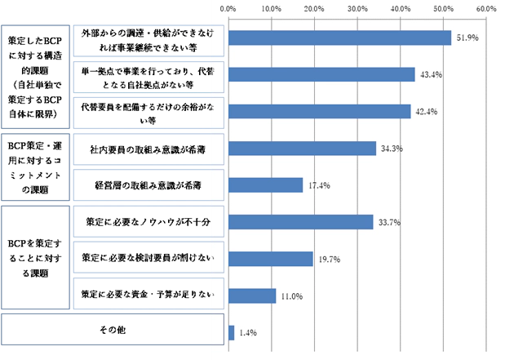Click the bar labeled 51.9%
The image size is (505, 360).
click(x=339, y=38)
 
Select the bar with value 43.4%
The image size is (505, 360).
click(x=321, y=74)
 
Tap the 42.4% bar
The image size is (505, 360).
click(x=319, y=111)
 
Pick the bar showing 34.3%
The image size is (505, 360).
click(x=302, y=148)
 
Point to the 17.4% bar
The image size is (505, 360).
click(x=266, y=185)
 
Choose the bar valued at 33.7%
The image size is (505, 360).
click(x=301, y=222)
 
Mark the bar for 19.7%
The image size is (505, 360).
click(x=271, y=259)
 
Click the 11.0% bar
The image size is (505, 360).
click(x=252, y=296)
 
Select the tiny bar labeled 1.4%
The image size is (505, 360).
click(x=232, y=332)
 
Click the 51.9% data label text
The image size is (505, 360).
click(x=467, y=38)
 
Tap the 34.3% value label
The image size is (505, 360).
click(x=391, y=149)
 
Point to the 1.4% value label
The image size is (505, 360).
click(x=247, y=333)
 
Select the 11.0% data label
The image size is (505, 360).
click(x=291, y=296)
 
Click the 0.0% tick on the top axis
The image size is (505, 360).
click(x=228, y=8)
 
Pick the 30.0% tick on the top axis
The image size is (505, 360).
click(x=357, y=8)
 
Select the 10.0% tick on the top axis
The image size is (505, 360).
click(x=271, y=8)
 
